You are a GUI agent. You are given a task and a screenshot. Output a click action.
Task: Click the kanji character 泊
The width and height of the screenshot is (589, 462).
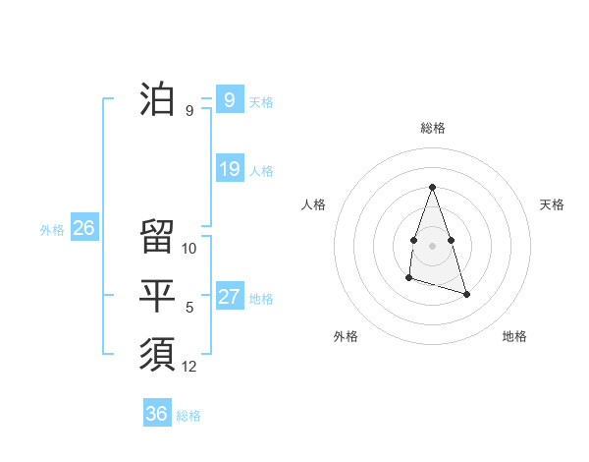click(x=157, y=100)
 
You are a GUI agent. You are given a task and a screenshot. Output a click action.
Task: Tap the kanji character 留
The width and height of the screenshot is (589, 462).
click(x=157, y=236)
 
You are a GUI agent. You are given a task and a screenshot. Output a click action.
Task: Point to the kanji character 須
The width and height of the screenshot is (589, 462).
click(x=157, y=352)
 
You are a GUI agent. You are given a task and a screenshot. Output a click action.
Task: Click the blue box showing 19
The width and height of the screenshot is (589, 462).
click(x=230, y=169)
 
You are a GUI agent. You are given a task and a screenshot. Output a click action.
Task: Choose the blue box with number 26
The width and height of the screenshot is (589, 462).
click(x=83, y=228)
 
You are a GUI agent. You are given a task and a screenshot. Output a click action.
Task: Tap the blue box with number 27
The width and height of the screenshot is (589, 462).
click(x=230, y=297)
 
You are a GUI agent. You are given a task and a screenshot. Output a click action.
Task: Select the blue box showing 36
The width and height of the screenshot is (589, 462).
click(x=157, y=414)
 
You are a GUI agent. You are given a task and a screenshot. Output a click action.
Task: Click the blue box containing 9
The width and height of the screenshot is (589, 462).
click(x=230, y=100)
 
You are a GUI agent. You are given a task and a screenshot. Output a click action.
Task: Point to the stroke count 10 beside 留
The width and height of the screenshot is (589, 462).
click(x=190, y=249)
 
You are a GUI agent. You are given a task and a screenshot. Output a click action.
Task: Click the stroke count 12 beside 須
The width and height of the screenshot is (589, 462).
click(x=190, y=367)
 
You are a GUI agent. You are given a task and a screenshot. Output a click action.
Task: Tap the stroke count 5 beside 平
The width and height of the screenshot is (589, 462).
click(x=189, y=308)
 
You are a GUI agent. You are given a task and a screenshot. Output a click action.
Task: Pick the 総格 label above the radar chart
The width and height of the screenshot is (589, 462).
click(x=432, y=128)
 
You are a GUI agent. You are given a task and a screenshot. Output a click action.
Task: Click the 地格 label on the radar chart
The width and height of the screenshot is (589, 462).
click(x=514, y=336)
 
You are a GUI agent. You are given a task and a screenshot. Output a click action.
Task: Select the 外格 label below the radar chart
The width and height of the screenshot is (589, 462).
click(x=346, y=336)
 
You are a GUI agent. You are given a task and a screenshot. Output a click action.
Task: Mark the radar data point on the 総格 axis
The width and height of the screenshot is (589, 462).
click(x=432, y=187)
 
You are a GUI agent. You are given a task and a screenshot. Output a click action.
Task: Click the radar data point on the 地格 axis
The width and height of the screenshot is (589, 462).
click(x=466, y=294)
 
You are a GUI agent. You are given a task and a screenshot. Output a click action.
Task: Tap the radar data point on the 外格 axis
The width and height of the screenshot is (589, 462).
click(x=408, y=278)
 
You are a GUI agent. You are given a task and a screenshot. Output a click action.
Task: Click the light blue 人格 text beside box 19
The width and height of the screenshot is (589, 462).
click(x=261, y=170)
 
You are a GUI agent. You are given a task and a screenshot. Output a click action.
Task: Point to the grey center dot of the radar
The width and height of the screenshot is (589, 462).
click(x=432, y=244)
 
